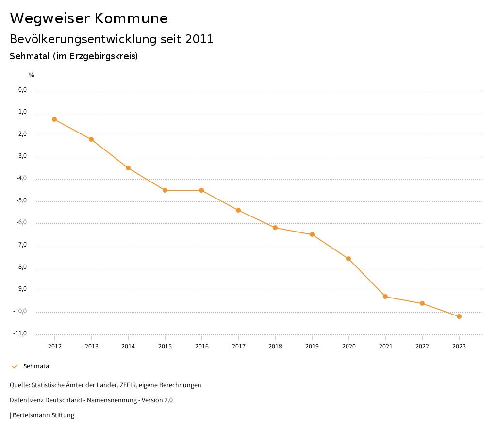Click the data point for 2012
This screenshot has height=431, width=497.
coord(54,119)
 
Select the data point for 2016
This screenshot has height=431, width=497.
coord(201,190)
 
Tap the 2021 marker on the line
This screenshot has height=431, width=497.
coord(385,297)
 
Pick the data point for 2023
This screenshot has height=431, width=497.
coord(459,316)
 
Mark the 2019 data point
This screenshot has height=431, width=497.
coord(312,234)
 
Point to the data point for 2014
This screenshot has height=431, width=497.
coord(128,168)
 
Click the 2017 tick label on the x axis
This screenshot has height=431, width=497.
coord(238,347)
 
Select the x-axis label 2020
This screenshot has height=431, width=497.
coord(348,347)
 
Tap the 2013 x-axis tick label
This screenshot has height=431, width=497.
coord(91,347)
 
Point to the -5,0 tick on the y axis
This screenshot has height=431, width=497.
coord(22,200)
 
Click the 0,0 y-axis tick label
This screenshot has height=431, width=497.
coord(22,90)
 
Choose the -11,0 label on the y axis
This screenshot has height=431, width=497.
coord(21,333)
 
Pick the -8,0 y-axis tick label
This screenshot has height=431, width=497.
coord(22,267)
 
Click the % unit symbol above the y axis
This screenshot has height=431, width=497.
coord(32,75)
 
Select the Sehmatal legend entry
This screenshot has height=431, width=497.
coord(37,366)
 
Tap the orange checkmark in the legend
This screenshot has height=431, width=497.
coord(15,366)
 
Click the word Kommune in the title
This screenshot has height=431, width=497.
coord(131,18)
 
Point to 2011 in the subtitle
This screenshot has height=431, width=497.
coord(199,39)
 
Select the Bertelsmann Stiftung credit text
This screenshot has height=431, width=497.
coord(43,415)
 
